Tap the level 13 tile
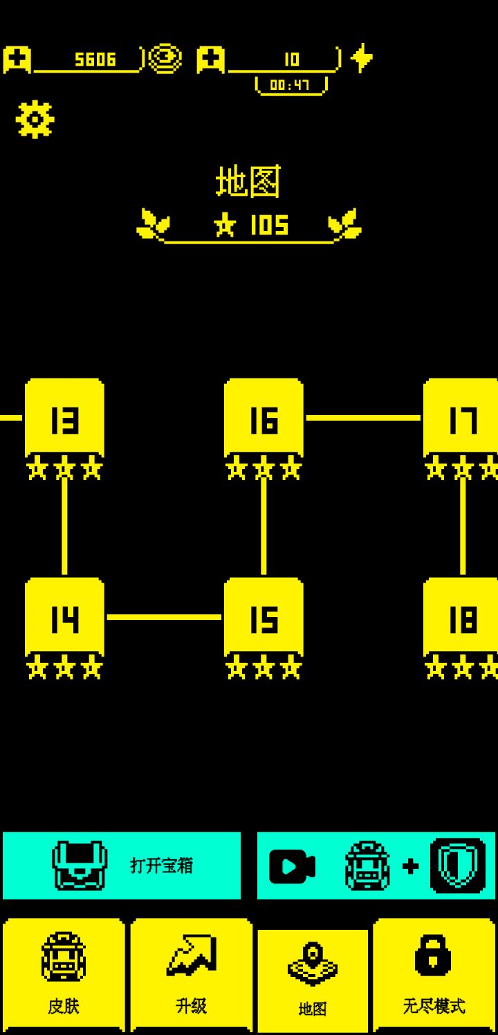64,418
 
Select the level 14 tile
64,617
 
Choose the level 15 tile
264,617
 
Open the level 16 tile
264,418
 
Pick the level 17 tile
461,418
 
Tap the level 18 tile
461,617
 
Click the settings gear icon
35,119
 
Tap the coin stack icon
165,59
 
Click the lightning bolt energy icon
362,58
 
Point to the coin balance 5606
95,59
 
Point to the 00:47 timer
290,85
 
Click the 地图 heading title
248,181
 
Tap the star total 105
269,225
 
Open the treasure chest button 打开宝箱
122,865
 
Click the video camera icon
292,866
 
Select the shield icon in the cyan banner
458,865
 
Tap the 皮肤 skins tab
64,976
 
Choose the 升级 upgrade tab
192,976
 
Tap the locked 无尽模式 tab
434,976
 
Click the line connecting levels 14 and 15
164,617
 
